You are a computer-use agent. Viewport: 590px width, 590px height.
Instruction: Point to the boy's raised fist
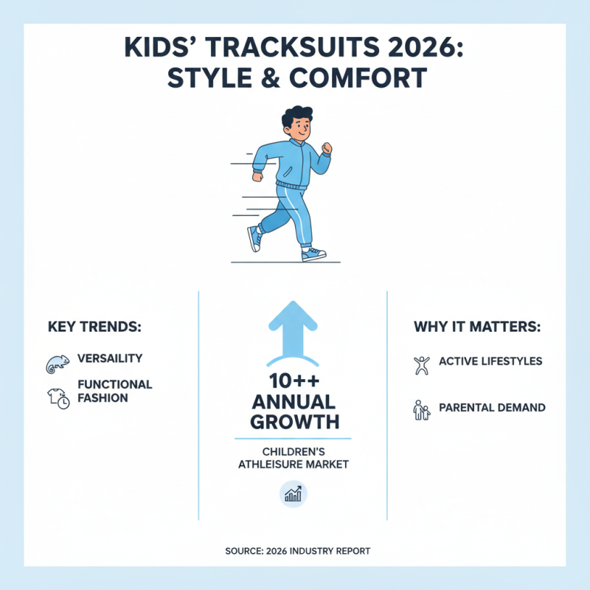tap(327, 150)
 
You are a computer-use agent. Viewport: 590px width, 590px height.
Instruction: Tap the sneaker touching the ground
tap(313, 254)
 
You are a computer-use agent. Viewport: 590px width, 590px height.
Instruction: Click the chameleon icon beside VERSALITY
tap(57, 361)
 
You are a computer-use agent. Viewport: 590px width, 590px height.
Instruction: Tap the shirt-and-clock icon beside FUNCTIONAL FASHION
tap(58, 397)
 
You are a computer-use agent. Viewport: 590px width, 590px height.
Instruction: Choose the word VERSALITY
tap(110, 358)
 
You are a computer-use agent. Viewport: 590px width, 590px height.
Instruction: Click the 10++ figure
tap(293, 382)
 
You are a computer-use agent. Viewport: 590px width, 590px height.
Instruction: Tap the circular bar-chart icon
tap(294, 494)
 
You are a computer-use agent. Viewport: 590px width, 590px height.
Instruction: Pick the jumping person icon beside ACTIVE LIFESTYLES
tap(421, 364)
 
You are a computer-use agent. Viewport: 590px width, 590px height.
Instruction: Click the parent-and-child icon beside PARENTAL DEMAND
tap(421, 409)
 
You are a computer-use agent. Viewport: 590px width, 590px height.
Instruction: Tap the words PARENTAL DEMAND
tap(492, 407)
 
